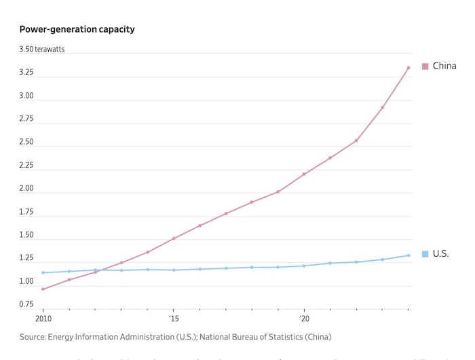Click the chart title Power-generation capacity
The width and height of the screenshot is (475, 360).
click(77, 29)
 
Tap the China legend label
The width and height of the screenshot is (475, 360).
click(444, 66)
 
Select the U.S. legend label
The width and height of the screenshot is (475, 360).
click(440, 254)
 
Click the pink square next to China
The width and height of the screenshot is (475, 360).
click(425, 66)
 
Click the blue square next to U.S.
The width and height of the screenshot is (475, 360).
click(425, 254)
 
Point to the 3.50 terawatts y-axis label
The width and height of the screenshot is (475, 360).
click(41, 50)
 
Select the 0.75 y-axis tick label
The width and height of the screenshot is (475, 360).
click(26, 304)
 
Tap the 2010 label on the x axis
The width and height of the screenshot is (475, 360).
click(43, 319)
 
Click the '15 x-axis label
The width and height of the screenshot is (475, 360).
click(173, 319)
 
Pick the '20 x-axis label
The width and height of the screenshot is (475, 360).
click(304, 319)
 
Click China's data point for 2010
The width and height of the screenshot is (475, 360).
click(43, 289)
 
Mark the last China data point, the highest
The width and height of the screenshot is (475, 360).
click(408, 68)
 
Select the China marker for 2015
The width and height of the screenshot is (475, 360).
click(174, 238)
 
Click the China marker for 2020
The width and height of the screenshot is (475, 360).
click(304, 175)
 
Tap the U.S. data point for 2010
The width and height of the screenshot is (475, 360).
click(43, 273)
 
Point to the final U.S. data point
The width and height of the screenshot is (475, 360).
click(408, 255)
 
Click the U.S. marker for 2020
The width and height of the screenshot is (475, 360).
click(304, 266)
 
